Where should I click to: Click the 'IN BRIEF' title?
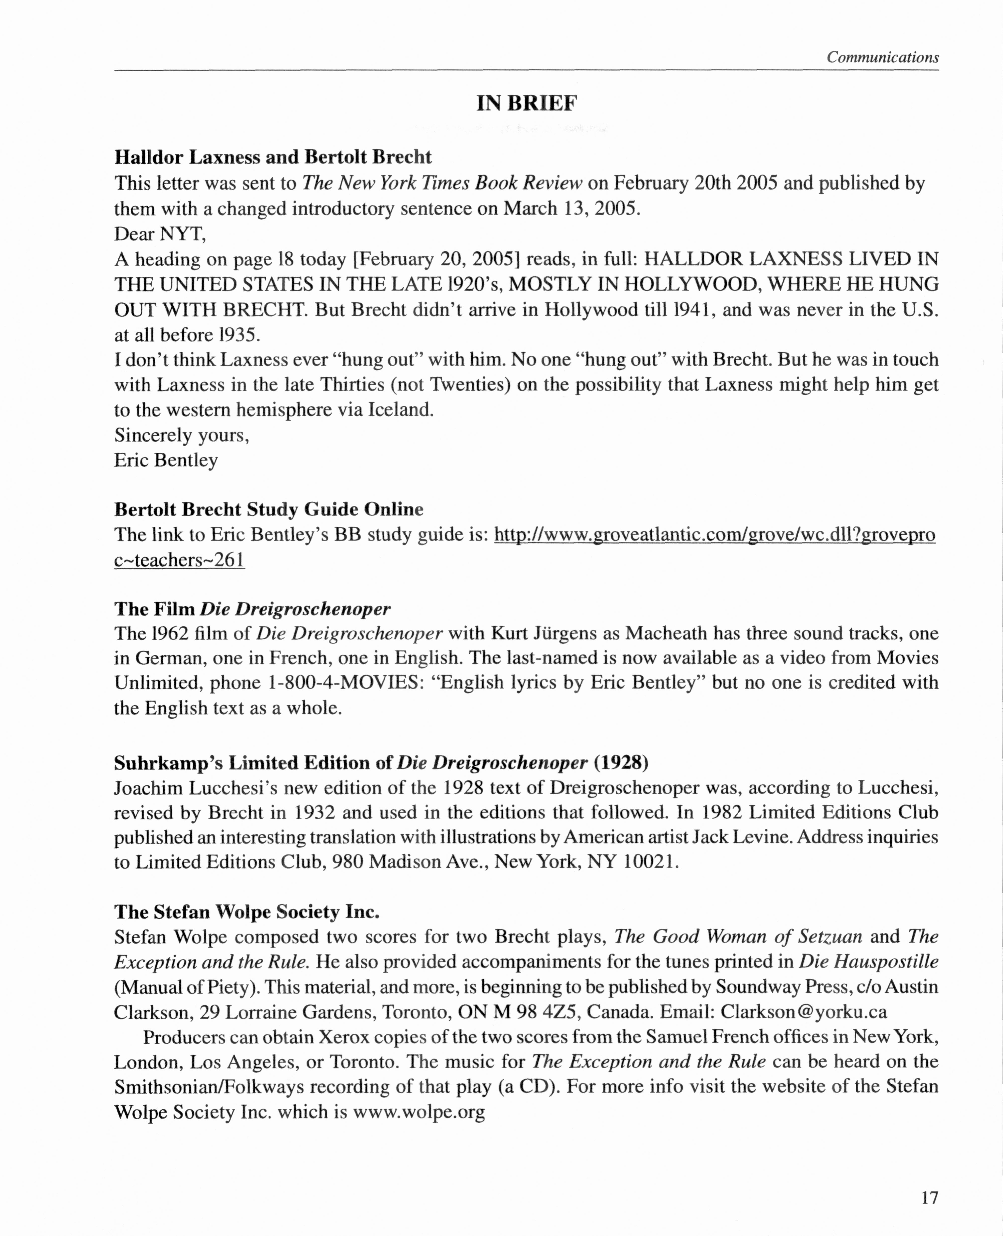point(526,103)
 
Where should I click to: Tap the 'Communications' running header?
point(882,57)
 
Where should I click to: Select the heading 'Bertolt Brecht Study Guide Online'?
point(269,509)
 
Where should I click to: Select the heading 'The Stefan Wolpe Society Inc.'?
point(247,912)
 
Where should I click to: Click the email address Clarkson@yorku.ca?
point(804,1012)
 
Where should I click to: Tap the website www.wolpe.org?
point(419,1112)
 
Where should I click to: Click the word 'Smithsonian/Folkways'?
point(208,1087)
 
